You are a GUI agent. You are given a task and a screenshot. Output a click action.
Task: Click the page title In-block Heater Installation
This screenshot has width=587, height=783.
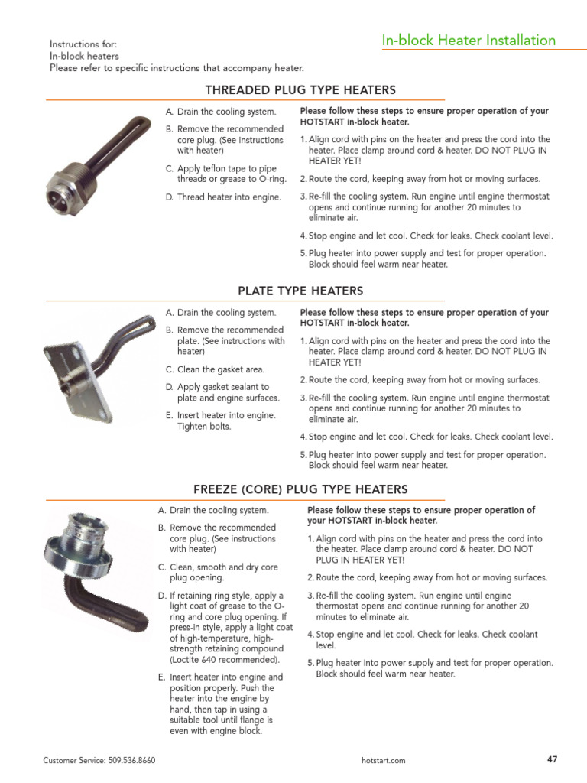pyautogui.click(x=469, y=41)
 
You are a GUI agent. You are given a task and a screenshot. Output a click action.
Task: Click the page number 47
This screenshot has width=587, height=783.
pyautogui.click(x=552, y=759)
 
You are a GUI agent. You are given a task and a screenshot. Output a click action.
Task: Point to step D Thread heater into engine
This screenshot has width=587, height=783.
pyautogui.click(x=223, y=197)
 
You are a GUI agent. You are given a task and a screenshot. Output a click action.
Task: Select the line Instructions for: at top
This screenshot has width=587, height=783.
pyautogui.click(x=83, y=45)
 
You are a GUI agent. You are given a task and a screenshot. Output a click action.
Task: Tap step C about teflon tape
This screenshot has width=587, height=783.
pyautogui.click(x=226, y=174)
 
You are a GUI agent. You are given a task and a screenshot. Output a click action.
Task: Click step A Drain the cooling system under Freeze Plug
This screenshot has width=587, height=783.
pyautogui.click(x=213, y=510)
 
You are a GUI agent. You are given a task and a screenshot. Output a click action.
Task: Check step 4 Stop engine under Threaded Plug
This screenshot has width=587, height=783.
pyautogui.click(x=426, y=236)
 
